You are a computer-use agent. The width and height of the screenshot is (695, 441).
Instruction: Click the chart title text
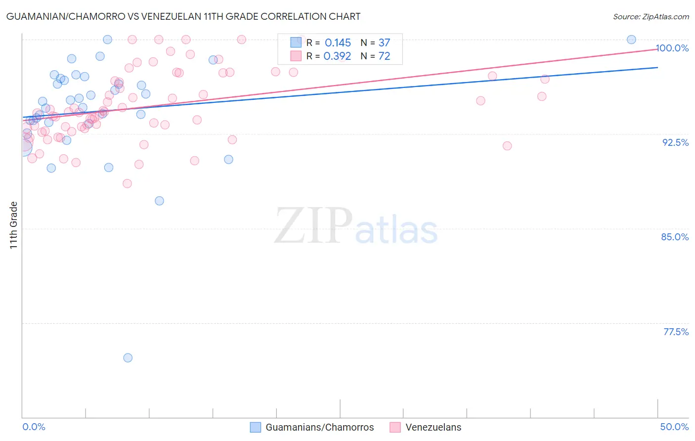(x=183, y=16)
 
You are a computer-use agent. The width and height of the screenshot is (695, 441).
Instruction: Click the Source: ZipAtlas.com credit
(x=651, y=16)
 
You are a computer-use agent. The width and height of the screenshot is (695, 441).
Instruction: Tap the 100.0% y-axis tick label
(x=672, y=48)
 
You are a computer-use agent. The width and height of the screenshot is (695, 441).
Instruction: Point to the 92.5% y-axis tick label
(x=675, y=142)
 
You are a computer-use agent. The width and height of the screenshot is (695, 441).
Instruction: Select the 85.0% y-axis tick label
(x=675, y=237)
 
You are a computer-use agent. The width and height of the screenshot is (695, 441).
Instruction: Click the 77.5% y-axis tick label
(x=676, y=332)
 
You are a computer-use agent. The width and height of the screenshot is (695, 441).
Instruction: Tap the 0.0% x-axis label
(x=34, y=427)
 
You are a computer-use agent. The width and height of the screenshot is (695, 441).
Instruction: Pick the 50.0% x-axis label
(x=674, y=427)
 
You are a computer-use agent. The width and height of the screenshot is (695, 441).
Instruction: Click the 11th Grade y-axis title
(x=14, y=225)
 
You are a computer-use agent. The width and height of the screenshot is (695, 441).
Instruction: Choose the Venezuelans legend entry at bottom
(x=433, y=427)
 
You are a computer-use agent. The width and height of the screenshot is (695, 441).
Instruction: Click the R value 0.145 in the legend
(x=338, y=43)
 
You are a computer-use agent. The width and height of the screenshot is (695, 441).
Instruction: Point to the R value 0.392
(x=337, y=56)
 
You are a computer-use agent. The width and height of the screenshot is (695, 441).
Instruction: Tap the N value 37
(x=384, y=43)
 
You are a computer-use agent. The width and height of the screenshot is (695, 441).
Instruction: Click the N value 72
(x=384, y=56)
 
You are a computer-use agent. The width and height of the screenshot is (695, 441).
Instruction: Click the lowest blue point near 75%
(x=128, y=358)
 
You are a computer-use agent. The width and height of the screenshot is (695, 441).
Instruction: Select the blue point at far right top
(x=631, y=40)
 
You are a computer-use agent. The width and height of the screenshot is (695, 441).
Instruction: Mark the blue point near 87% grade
(x=159, y=201)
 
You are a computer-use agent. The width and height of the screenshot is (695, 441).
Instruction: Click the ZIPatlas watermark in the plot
(x=356, y=226)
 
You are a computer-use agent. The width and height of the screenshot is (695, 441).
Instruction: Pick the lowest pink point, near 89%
(x=127, y=183)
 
